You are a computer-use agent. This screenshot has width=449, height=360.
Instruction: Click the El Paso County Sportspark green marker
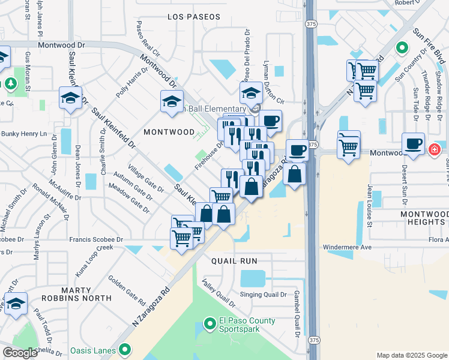coord(209,325)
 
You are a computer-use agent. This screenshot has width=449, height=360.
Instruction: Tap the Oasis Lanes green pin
coord(125,349)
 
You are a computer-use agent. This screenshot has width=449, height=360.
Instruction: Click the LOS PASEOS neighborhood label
coord(194,17)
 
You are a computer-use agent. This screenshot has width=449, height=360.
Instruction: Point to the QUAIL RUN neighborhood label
coord(234,261)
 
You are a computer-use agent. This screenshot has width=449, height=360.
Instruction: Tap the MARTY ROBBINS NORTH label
coord(77,292)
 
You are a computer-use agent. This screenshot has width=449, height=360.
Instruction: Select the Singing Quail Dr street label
coord(264,294)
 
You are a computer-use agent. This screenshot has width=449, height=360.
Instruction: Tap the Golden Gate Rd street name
coord(127,289)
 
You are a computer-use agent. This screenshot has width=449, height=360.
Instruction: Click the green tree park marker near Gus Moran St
coord(10,83)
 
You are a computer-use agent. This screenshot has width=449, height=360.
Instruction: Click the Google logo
coord(20,353)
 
